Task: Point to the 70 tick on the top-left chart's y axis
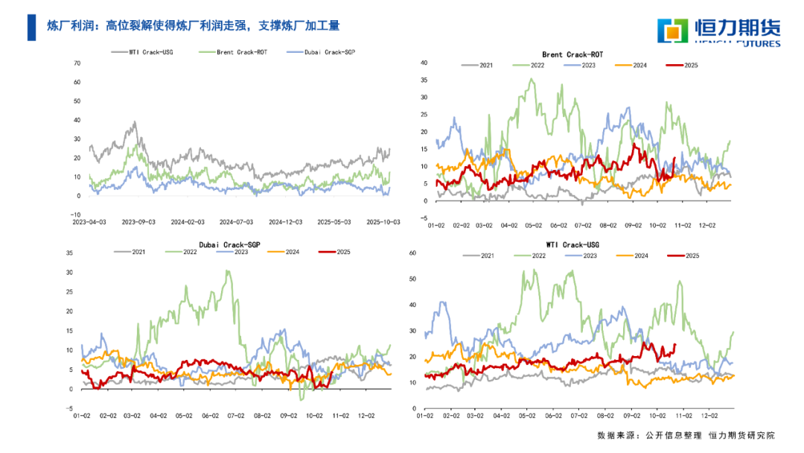tap(77, 63)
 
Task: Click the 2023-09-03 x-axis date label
tap(139, 222)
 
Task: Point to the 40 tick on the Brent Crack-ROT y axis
tap(424, 63)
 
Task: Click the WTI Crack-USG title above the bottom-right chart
tap(572, 244)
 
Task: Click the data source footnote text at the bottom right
tap(686, 435)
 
